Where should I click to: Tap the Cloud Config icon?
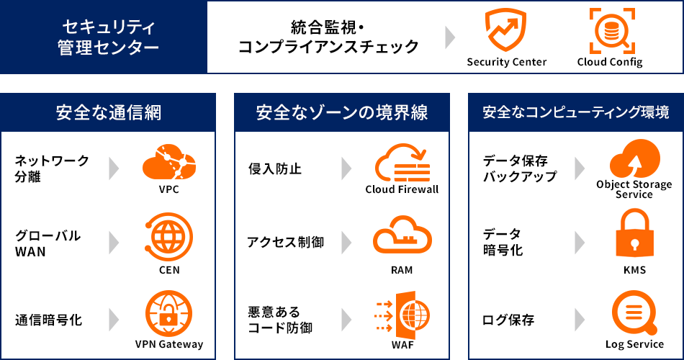[609, 30]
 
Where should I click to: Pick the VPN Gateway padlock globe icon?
[168, 313]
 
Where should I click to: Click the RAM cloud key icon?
[402, 238]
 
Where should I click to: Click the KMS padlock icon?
[634, 235]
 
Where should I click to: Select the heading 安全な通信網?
[108, 112]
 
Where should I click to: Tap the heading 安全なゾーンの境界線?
[342, 112]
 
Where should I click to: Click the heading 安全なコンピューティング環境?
[576, 112]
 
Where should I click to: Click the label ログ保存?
[508, 319]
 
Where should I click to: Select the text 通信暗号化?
[49, 319]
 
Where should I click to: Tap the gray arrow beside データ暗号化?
[580, 242]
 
